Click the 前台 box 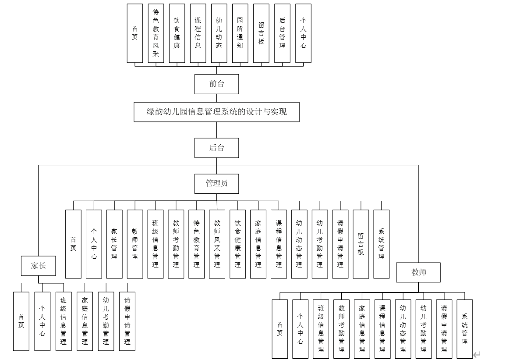[x=216, y=84]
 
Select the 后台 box [x=216, y=147]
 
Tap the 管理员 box [x=216, y=183]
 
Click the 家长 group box [x=38, y=266]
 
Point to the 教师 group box [x=418, y=272]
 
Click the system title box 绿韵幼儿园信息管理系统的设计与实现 [x=216, y=111]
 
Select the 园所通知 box [x=240, y=33]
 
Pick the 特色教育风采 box [x=156, y=33]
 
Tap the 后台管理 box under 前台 [x=282, y=33]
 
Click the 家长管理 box [x=114, y=244]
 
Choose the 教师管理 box [x=135, y=244]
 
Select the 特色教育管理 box [x=196, y=244]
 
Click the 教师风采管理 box [x=217, y=244]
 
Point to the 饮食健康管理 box [x=237, y=244]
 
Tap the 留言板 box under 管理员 [x=361, y=244]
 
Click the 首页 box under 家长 [x=21, y=321]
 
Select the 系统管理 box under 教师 [x=464, y=328]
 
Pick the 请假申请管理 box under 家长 [x=127, y=321]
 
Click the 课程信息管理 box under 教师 [x=382, y=328]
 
